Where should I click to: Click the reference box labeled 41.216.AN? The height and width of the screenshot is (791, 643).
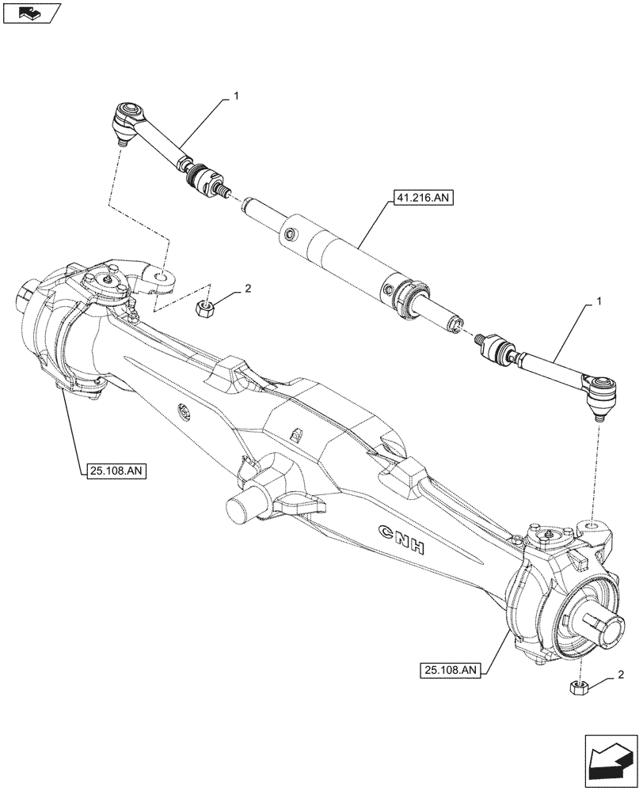[420, 199]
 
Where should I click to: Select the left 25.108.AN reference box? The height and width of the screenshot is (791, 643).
[114, 472]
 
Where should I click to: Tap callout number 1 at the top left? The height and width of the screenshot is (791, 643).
[235, 95]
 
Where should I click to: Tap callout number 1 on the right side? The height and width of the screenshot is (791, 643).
[599, 301]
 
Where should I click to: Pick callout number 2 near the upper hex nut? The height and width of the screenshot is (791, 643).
[247, 290]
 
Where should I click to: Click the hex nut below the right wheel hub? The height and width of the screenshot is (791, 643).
[579, 687]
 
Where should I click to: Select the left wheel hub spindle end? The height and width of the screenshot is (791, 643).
[23, 300]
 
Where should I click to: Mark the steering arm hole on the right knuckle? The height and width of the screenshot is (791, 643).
[592, 526]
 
